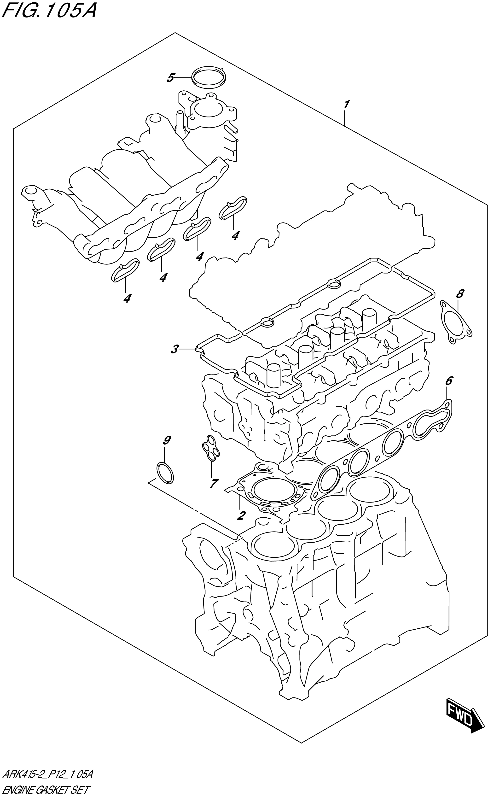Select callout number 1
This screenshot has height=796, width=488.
coord(346,105)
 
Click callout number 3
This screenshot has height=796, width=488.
coord(174,349)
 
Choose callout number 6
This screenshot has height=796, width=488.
coord(449,381)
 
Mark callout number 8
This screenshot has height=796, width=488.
coord(460,294)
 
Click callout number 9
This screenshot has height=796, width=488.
coord(167,440)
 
